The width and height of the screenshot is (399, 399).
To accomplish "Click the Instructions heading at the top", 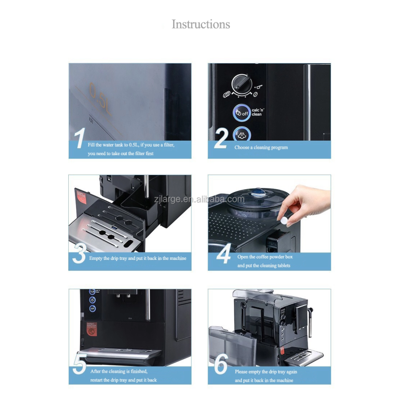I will tap(201, 24).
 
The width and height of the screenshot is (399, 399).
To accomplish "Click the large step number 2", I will tap(220, 139).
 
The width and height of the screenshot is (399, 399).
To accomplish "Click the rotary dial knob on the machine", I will tap(241, 83).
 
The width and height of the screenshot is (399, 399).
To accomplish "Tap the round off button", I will tap(242, 113).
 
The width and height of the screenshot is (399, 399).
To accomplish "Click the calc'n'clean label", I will tap(256, 112).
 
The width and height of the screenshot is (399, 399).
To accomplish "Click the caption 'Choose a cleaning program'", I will tap(261, 148).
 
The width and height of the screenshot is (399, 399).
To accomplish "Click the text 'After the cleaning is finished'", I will tap(119, 372).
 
